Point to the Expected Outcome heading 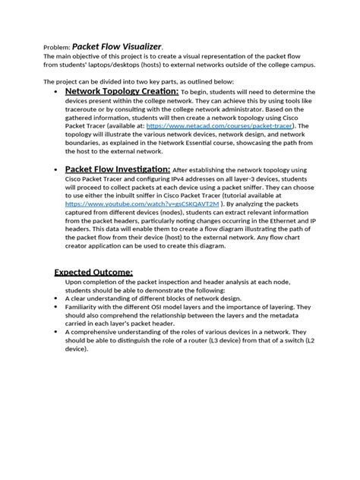(x=93, y=272)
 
